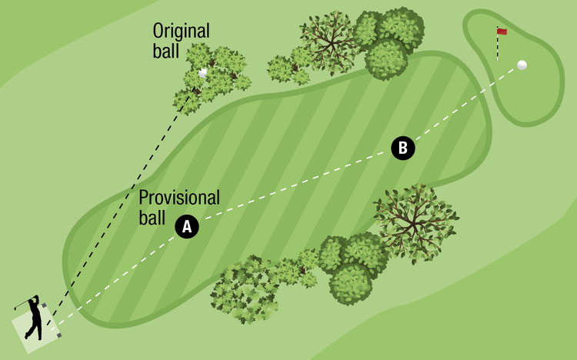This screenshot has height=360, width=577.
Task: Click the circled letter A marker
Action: point(187,226)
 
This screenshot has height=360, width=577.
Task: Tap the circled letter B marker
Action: point(402,148)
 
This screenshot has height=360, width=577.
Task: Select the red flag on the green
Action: point(502,32)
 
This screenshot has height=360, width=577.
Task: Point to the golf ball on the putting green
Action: point(522,65)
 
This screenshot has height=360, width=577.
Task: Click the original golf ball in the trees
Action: point(203,73)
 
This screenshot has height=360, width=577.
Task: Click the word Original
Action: point(181,31)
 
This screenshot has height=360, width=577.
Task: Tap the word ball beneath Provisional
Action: point(152,218)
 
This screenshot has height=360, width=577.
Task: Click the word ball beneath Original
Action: point(165,51)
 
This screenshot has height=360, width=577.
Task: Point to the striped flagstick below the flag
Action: point(498,48)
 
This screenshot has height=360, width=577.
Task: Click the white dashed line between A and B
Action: point(292,188)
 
